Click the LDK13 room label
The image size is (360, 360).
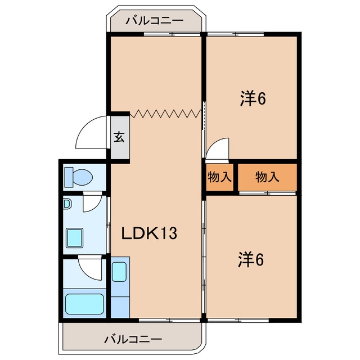(x=149, y=233)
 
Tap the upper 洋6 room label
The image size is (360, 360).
(x=253, y=98)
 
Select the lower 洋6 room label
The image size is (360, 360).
(x=251, y=260)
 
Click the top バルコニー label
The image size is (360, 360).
(x=154, y=21)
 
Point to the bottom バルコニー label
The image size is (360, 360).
(x=133, y=339)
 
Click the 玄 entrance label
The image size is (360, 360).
(x=119, y=137)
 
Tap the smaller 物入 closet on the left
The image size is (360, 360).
(x=219, y=177)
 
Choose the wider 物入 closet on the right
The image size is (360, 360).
(x=267, y=177)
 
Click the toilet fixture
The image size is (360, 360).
(x=79, y=177)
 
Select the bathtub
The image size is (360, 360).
(x=84, y=304)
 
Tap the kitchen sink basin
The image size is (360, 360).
(x=119, y=272)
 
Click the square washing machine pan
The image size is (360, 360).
(x=74, y=238)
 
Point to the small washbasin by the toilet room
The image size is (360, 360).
(x=67, y=204)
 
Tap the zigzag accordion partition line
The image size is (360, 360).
(x=165, y=114)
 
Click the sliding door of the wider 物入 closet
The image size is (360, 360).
(x=267, y=193)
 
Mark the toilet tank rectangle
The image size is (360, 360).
(x=69, y=177)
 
